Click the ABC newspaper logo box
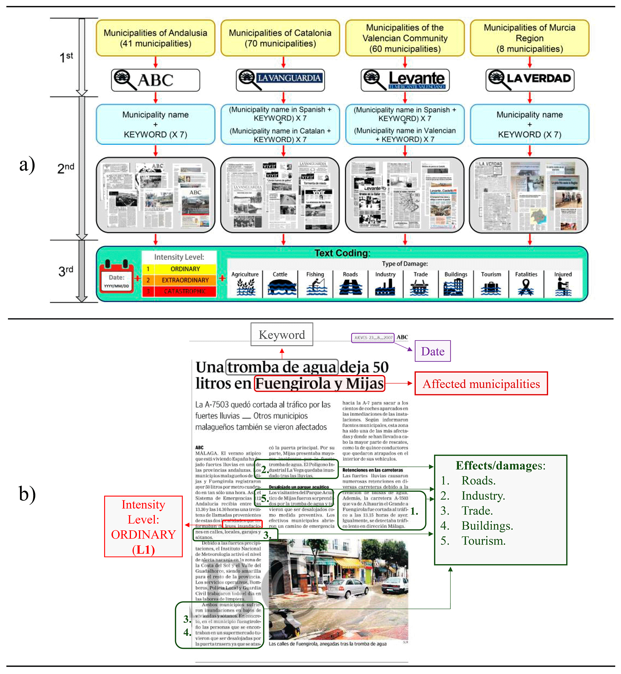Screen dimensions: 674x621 (x=156, y=80)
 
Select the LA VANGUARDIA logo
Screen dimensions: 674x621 (x=280, y=80)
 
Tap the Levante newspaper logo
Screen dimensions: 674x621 (x=405, y=80)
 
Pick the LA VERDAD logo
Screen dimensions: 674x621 (x=530, y=80)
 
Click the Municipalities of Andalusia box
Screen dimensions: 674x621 (x=156, y=38)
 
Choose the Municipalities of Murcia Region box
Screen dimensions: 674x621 (x=530, y=38)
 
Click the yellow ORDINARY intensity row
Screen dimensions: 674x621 (x=179, y=269)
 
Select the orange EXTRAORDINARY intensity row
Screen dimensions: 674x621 (x=179, y=280)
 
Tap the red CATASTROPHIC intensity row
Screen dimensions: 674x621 (x=179, y=291)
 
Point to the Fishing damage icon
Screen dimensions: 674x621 (x=316, y=287)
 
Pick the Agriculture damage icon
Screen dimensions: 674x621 (x=245, y=287)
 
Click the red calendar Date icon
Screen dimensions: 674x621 (x=117, y=276)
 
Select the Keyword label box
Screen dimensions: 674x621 (x=281, y=334)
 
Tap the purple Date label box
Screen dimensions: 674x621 (x=433, y=351)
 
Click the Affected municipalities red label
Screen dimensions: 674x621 (x=481, y=384)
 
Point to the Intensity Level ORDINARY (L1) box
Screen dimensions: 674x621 (x=143, y=527)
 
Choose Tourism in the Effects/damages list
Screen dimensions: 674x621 (x=483, y=541)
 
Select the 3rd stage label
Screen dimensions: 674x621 (x=66, y=271)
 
